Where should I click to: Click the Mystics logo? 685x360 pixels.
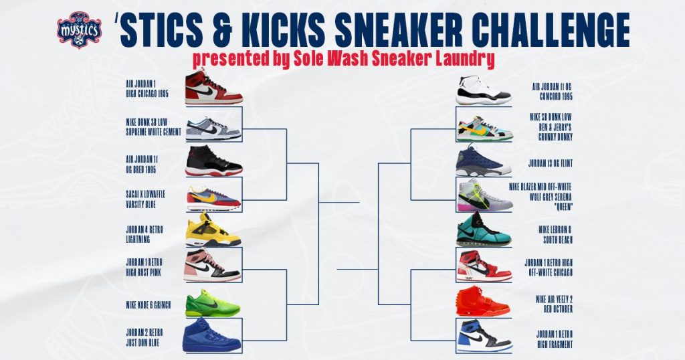pyautogui.click(x=79, y=29)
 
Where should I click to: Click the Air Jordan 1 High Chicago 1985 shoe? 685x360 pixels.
pyautogui.click(x=213, y=87)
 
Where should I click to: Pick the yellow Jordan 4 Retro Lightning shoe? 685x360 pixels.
pyautogui.click(x=213, y=230)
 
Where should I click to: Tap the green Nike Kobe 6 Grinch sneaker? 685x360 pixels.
pyautogui.click(x=213, y=304)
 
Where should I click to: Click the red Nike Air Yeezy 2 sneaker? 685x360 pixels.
pyautogui.click(x=483, y=301)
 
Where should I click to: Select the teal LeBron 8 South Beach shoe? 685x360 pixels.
pyautogui.click(x=484, y=230)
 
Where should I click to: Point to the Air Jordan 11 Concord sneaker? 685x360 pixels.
pyautogui.click(x=483, y=90)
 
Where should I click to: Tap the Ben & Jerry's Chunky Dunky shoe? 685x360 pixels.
pyautogui.click(x=484, y=129)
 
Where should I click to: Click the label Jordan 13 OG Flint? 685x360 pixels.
pyautogui.click(x=550, y=163)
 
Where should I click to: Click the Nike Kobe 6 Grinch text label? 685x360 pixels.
pyautogui.click(x=148, y=305)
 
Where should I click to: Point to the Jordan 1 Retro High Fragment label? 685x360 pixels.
pyautogui.click(x=555, y=339)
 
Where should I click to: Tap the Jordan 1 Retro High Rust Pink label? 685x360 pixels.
pyautogui.click(x=144, y=267)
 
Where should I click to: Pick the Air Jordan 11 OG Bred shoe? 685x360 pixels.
pyautogui.click(x=213, y=161)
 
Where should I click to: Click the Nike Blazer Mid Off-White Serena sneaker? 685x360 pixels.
pyautogui.click(x=485, y=195)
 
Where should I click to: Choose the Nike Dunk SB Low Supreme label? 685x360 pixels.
pyautogui.click(x=153, y=126)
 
